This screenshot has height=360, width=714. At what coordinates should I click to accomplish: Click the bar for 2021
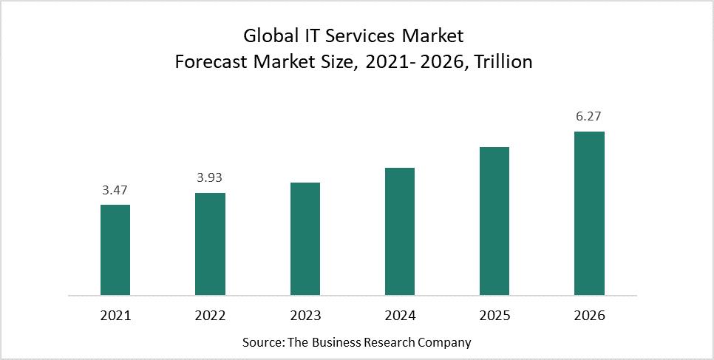(115, 250)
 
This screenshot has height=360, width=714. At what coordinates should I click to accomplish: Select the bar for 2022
(210, 244)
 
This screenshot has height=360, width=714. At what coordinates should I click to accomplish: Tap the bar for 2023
(305, 239)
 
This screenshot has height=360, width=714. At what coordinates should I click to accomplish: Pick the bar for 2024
(400, 231)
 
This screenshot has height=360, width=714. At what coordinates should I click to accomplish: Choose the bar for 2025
(494, 221)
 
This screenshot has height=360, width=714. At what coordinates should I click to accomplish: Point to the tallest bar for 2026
(589, 214)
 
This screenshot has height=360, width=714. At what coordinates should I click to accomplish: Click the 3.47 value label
(115, 191)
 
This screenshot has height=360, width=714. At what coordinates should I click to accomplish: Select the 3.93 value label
(210, 178)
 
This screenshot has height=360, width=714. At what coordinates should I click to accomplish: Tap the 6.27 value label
(589, 117)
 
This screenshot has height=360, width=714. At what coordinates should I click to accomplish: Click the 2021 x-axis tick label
(115, 316)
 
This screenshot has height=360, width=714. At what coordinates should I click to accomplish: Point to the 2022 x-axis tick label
(210, 316)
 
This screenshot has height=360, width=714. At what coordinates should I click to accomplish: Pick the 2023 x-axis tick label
(305, 316)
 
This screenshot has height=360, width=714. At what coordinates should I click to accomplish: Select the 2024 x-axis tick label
(400, 316)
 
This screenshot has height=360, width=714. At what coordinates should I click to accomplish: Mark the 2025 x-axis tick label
(494, 316)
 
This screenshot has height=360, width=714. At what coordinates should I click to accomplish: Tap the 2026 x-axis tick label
(589, 316)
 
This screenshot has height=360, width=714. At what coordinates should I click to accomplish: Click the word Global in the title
(268, 36)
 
